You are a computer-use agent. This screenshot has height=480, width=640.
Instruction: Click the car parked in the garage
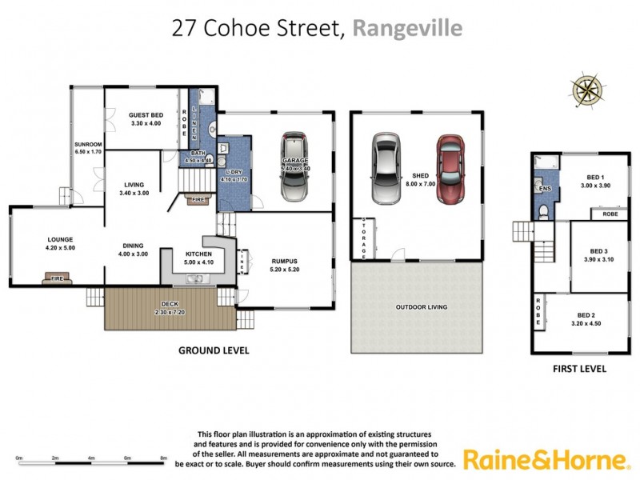pos(293,167)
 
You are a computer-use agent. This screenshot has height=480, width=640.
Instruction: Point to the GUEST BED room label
pos(146,115)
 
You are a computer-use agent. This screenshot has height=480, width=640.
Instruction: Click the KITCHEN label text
pos(198,254)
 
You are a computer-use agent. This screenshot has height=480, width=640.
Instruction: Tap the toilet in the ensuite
pos(542,212)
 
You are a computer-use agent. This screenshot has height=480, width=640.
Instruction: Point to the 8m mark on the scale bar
pos(163,458)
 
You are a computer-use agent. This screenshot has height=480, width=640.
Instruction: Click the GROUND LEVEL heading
pos(213,350)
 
